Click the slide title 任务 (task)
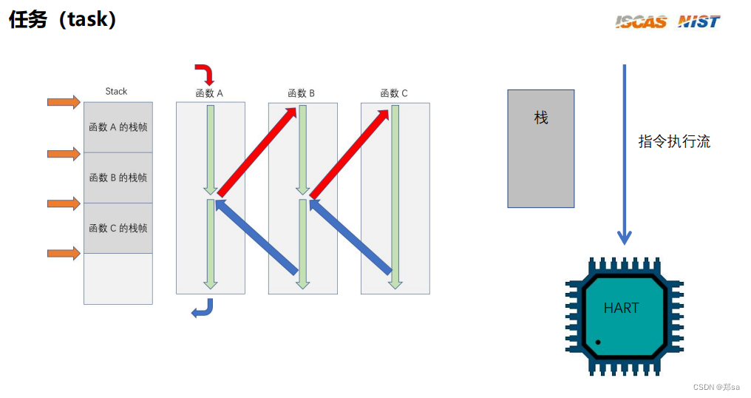63,20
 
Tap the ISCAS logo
641,21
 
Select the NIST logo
699,21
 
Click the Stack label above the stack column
116,91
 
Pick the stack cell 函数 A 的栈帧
118,127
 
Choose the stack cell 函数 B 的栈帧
118,178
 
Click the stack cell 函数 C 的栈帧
118,228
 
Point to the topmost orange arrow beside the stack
64,102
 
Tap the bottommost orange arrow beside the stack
64,254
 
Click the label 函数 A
209,93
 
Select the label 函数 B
302,93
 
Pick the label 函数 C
394,93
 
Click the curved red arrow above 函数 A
205,73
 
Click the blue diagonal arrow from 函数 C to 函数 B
350,237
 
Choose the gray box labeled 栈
540,148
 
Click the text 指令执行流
674,142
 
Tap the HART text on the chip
621,308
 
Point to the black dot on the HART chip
597,343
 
